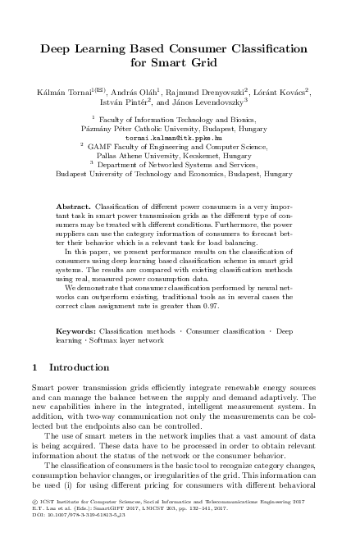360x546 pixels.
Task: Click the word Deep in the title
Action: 56,49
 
